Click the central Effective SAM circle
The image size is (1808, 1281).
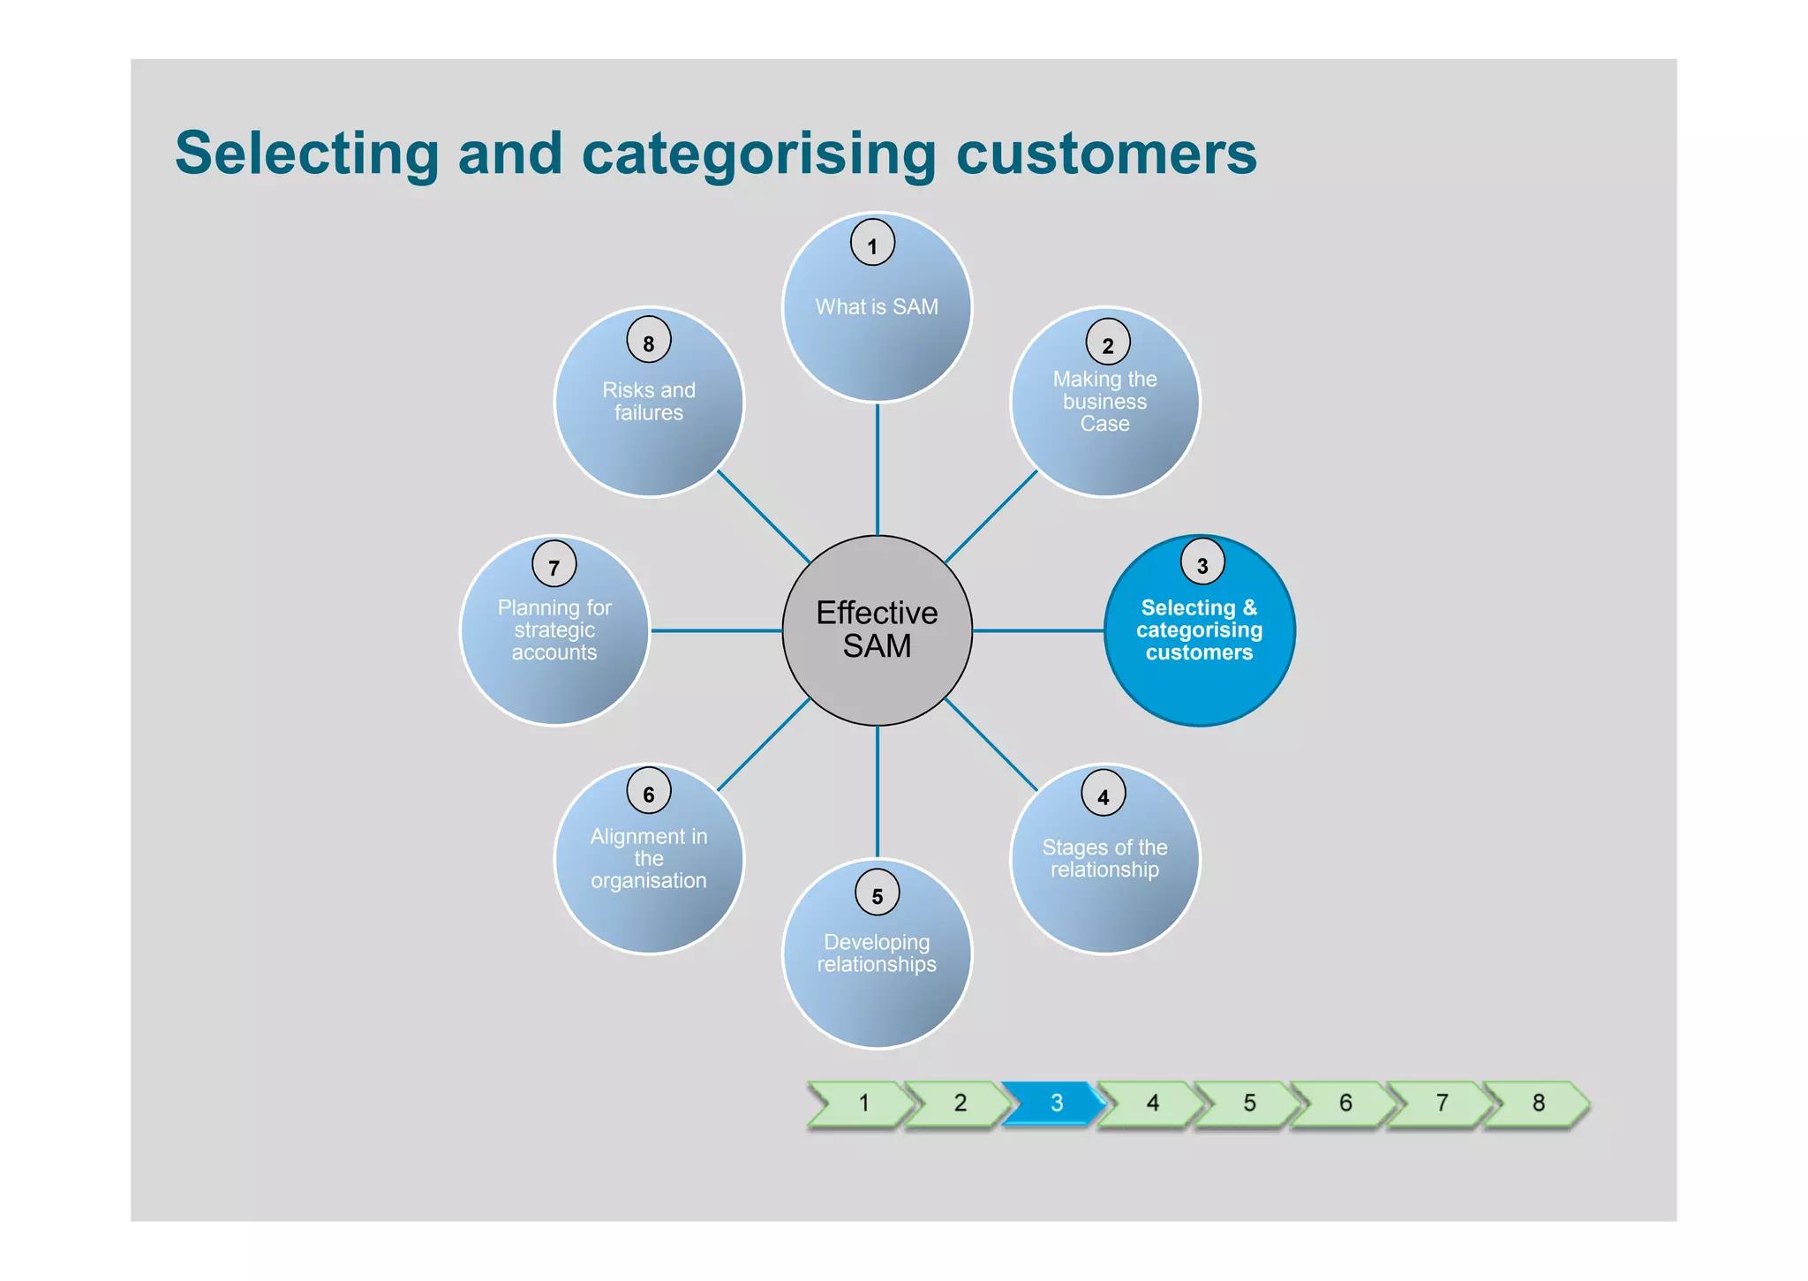(x=877, y=629)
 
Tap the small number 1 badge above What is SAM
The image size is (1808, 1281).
(x=872, y=243)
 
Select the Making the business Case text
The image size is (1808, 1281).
(x=1104, y=402)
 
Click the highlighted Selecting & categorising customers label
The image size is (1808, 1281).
(x=1199, y=629)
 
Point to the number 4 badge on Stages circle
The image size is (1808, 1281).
(x=1103, y=793)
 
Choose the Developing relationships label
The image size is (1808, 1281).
(x=877, y=953)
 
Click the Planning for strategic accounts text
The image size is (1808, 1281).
(x=554, y=629)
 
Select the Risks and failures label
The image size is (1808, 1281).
(x=649, y=402)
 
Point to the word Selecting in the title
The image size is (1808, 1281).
(x=306, y=154)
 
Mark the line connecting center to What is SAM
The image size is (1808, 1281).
(x=877, y=468)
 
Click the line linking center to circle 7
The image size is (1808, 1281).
(x=715, y=630)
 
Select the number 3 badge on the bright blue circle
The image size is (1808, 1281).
(x=1202, y=562)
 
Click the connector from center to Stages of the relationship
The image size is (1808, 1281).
(x=991, y=743)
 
